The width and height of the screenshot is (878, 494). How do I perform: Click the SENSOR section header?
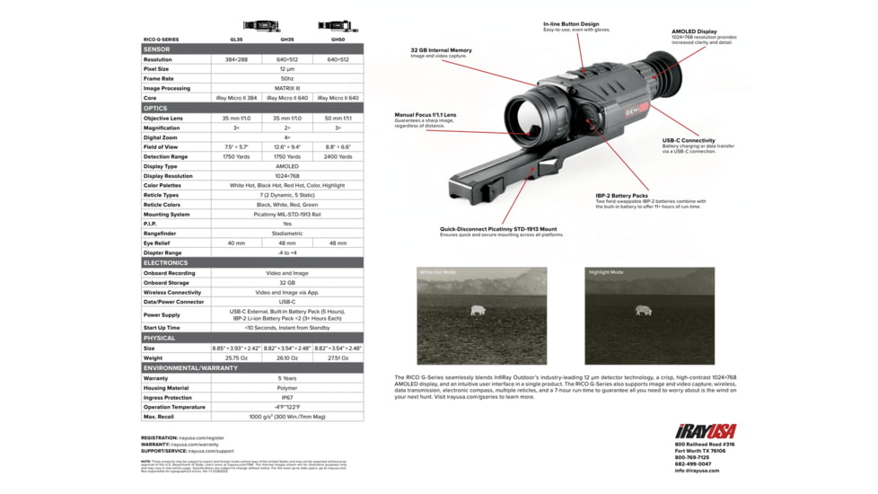[x=157, y=49]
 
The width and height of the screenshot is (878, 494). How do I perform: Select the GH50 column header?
[x=338, y=40]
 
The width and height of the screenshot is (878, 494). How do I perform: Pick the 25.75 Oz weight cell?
[x=236, y=357]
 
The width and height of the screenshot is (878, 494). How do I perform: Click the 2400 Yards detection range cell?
[x=338, y=156]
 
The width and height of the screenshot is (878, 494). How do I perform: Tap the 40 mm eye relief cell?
[x=236, y=243]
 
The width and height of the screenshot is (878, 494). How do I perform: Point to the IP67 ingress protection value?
[x=287, y=397]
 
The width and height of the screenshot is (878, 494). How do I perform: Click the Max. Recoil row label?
[x=158, y=417]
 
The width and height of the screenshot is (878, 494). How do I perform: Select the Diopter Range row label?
[x=162, y=253]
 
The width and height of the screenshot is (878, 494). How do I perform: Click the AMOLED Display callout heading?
[x=694, y=31]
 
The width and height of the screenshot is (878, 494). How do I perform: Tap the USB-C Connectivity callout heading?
[x=689, y=141]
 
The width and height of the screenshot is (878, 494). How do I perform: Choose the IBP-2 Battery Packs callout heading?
[x=621, y=195]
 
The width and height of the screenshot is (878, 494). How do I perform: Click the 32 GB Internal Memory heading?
[x=441, y=50]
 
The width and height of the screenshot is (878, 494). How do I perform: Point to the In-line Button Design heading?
[x=571, y=24]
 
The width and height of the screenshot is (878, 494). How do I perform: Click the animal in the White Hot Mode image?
[x=478, y=311]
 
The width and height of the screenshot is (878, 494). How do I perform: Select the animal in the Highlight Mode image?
[x=643, y=310]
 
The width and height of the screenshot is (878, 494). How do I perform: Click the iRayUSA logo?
[x=707, y=432]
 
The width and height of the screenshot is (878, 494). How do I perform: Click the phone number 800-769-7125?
[x=691, y=457]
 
